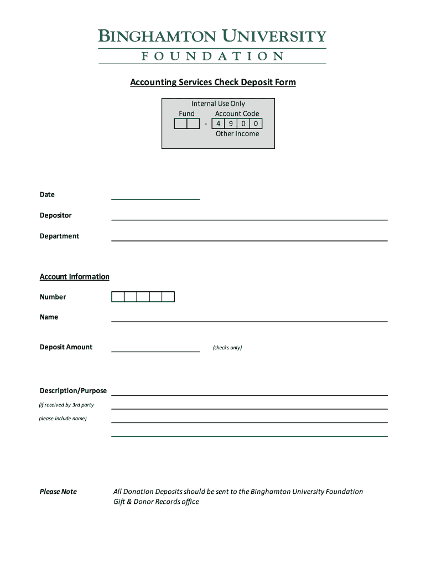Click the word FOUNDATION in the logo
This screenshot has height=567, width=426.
(x=212, y=56)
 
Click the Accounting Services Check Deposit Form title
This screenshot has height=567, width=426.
(x=213, y=83)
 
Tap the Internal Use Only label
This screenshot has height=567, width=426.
(x=218, y=104)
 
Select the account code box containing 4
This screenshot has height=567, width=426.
(x=218, y=123)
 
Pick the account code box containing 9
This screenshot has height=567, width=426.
(x=231, y=123)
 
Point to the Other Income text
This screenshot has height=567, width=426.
(x=237, y=133)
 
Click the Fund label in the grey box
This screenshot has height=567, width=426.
(x=186, y=114)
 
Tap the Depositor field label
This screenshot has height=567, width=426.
(x=55, y=215)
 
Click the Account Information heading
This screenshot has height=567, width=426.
(x=75, y=277)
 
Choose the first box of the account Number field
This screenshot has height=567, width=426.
(x=118, y=297)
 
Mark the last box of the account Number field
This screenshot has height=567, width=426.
(x=168, y=297)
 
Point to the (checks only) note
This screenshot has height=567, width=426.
(x=227, y=348)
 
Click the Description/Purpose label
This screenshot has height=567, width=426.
(x=73, y=391)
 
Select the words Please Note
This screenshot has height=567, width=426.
(x=58, y=492)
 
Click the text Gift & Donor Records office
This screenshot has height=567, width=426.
(x=156, y=502)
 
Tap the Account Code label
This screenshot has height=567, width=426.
(x=237, y=114)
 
